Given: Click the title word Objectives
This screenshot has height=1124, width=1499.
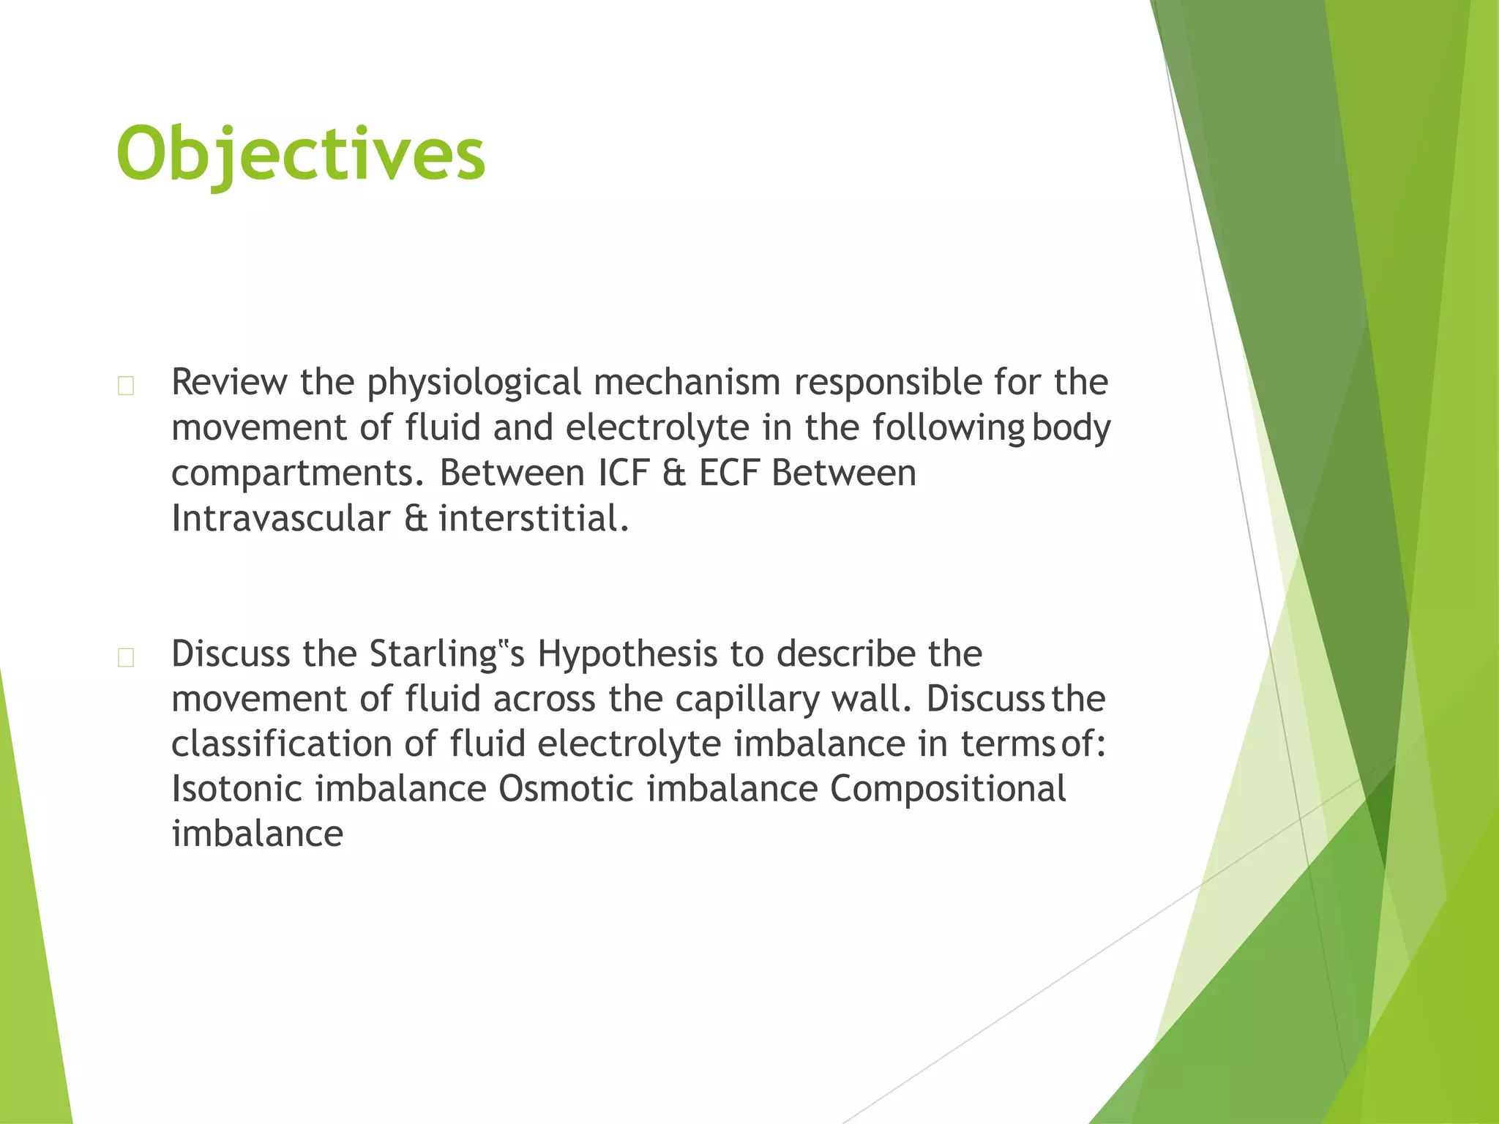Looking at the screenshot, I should pos(300,154).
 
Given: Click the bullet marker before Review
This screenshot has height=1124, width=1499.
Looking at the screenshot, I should pos(126,386).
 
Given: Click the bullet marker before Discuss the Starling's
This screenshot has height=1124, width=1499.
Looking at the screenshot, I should pos(126,657).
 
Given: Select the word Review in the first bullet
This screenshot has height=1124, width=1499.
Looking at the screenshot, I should pos(229,382).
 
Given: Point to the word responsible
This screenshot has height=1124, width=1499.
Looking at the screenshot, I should pos(886,382).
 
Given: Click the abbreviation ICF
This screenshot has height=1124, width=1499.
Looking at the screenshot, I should pos(623,473).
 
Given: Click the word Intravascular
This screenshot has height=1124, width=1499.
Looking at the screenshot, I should pos(280,518).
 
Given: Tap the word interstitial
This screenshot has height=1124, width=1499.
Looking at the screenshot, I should pos(533,518).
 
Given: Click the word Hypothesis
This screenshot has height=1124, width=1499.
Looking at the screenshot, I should pos(627,654).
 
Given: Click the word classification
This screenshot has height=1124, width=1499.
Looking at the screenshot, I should pos(281,743).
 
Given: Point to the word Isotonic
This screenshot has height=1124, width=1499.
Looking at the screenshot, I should pos(236,789).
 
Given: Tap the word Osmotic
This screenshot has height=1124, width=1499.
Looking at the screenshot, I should pos(566,789).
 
